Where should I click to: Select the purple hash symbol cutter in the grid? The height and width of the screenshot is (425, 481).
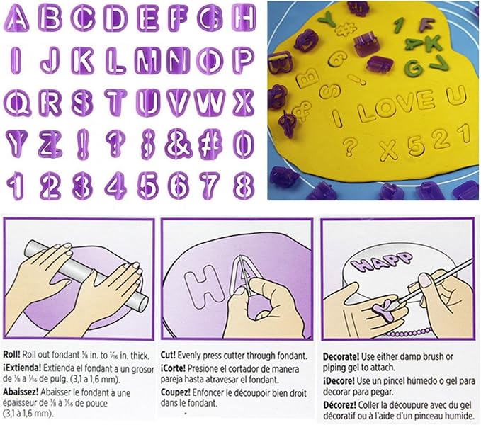tap(210, 144)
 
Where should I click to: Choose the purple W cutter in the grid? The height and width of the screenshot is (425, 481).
tap(210, 103)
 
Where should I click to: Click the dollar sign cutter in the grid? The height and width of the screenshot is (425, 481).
tap(149, 144)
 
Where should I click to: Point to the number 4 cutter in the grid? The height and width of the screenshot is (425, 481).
tap(116, 186)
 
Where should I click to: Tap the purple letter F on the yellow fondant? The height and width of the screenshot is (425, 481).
tap(427, 25)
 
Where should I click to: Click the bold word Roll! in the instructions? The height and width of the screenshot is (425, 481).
tap(11, 355)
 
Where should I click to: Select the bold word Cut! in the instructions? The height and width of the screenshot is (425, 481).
tap(168, 355)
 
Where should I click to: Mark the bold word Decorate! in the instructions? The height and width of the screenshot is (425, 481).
tap(341, 356)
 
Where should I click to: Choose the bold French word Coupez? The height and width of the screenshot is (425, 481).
tap(176, 392)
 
